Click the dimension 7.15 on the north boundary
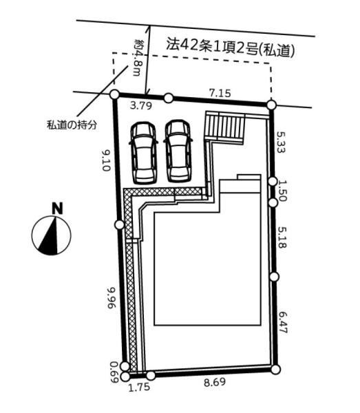[220, 93]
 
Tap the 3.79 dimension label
[141, 106]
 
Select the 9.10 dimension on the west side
[105, 160]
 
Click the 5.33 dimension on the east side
[280, 142]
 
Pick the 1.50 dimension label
[282, 191]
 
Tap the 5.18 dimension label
[282, 238]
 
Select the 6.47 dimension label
[283, 323]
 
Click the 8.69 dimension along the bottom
[215, 382]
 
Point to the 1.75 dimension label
[139, 387]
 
